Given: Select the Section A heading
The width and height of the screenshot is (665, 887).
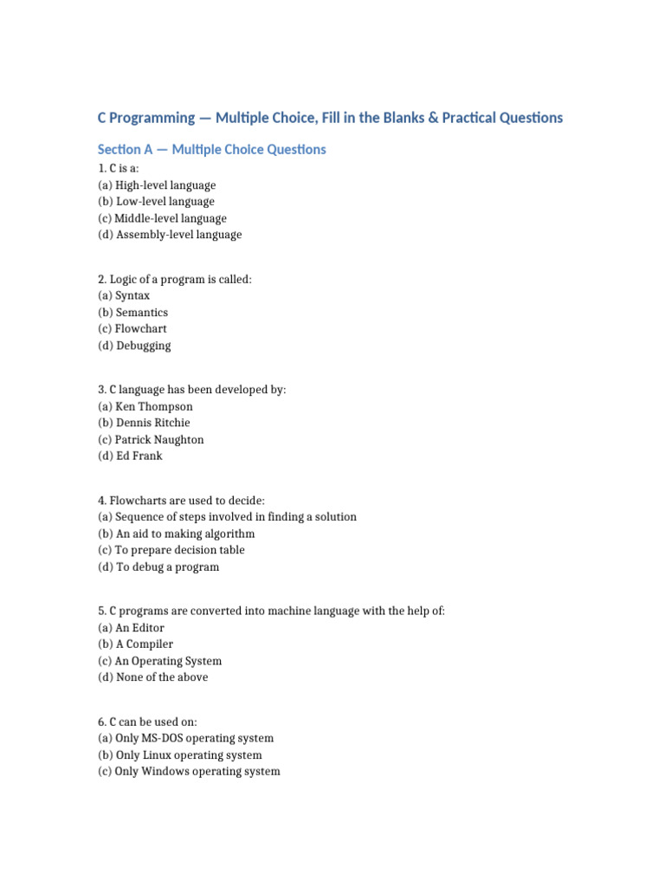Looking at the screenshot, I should (x=211, y=150).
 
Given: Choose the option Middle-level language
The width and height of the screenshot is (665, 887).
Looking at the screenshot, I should (x=163, y=218).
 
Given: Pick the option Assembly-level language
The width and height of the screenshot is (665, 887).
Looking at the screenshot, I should (x=170, y=235).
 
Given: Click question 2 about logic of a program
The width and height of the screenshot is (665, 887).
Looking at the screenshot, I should (x=175, y=279).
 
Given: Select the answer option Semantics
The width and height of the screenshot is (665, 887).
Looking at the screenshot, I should (x=133, y=313).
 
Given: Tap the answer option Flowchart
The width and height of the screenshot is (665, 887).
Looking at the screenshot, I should (x=132, y=329).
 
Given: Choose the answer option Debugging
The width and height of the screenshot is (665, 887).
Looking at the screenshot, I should (x=134, y=346).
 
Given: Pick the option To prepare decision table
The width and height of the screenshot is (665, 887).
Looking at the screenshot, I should (x=171, y=550).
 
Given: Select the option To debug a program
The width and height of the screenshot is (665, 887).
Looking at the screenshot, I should (x=158, y=567).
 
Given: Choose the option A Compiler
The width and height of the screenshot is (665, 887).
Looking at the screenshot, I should (x=136, y=644).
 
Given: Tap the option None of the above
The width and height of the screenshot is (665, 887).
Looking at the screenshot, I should (x=153, y=677).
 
